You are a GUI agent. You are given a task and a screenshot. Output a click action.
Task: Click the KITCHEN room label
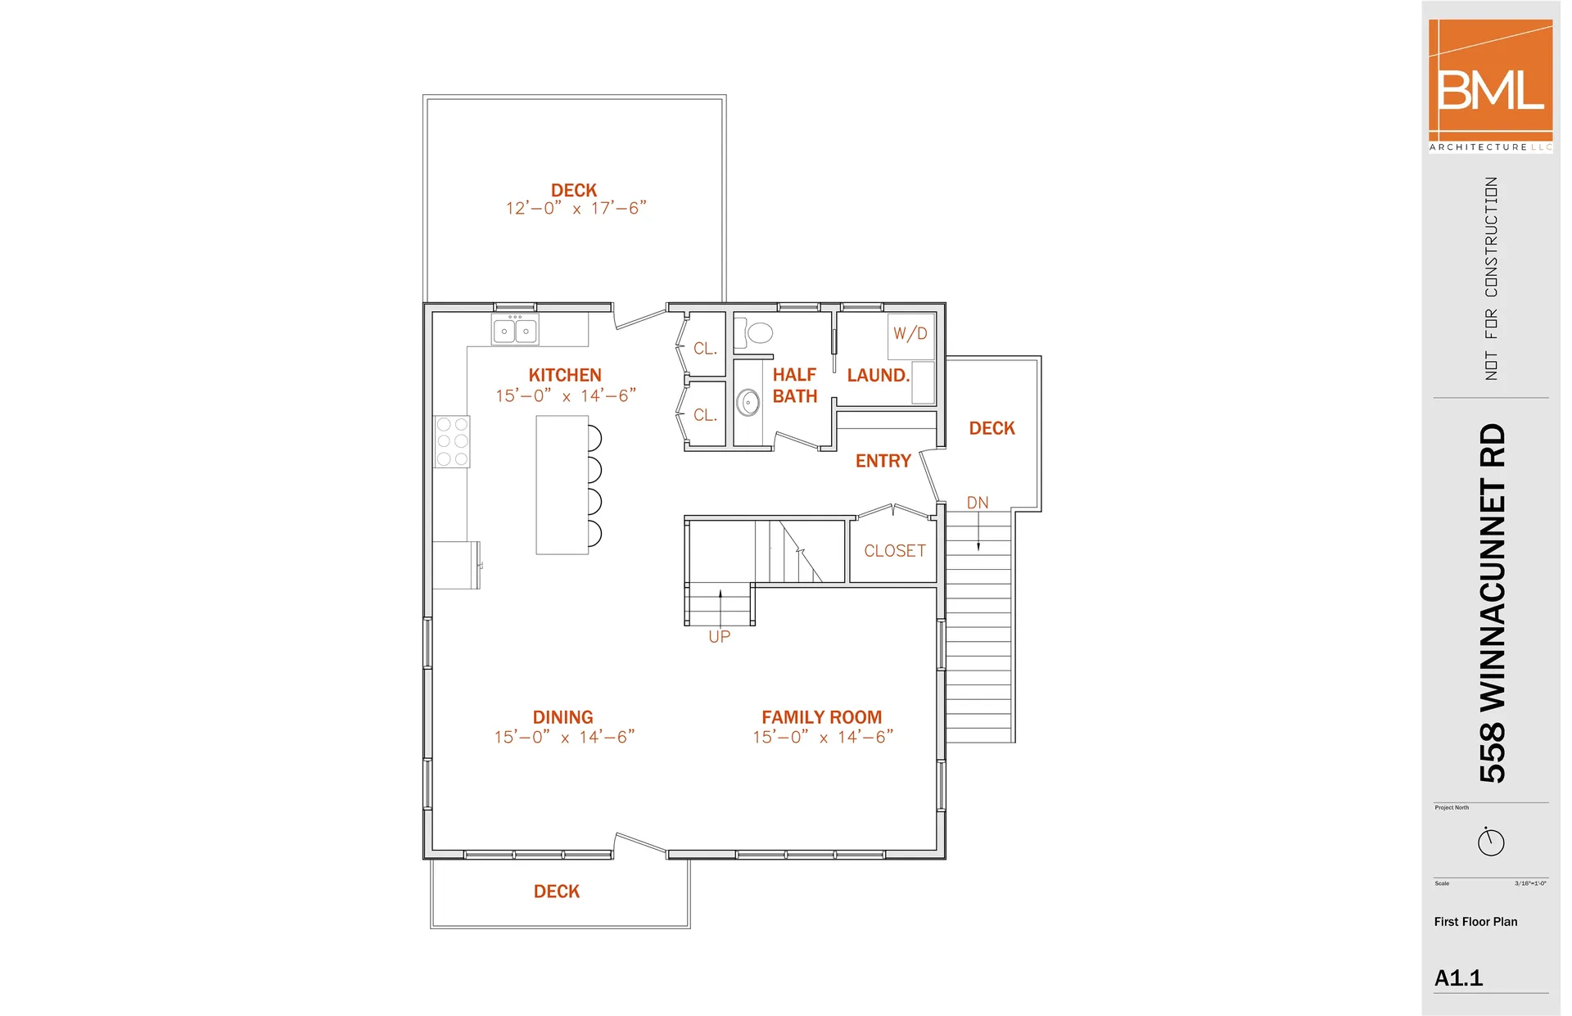click(x=565, y=375)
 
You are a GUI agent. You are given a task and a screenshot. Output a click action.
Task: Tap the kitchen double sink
click(x=515, y=331)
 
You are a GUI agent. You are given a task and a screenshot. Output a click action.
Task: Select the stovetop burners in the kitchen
click(x=452, y=442)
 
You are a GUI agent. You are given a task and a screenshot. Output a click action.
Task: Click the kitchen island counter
click(x=562, y=485)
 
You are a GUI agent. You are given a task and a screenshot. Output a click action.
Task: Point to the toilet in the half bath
click(x=757, y=332)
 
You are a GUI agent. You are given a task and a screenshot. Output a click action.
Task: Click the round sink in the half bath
click(x=748, y=403)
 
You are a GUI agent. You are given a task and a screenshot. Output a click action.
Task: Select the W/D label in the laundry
click(x=910, y=334)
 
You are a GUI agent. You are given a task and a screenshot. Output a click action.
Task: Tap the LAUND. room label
click(x=879, y=376)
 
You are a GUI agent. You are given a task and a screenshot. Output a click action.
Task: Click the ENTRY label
click(x=883, y=461)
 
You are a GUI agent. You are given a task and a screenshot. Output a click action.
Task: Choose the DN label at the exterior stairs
click(x=978, y=503)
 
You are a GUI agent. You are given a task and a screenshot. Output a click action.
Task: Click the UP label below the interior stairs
click(x=719, y=637)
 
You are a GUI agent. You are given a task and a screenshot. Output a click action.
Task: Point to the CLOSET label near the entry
click(x=895, y=551)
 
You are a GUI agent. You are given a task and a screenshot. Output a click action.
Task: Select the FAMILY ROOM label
click(x=821, y=717)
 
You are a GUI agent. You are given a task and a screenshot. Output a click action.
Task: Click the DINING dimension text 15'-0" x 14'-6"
click(x=564, y=738)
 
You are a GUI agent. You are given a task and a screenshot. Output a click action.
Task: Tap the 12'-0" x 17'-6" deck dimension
click(x=576, y=209)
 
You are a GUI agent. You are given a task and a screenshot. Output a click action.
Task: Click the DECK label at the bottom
click(x=557, y=892)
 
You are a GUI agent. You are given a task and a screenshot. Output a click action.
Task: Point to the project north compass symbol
click(x=1490, y=842)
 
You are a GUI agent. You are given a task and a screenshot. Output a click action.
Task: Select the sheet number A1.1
click(x=1458, y=978)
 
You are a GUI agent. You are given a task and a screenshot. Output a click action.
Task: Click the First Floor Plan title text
click(x=1475, y=922)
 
